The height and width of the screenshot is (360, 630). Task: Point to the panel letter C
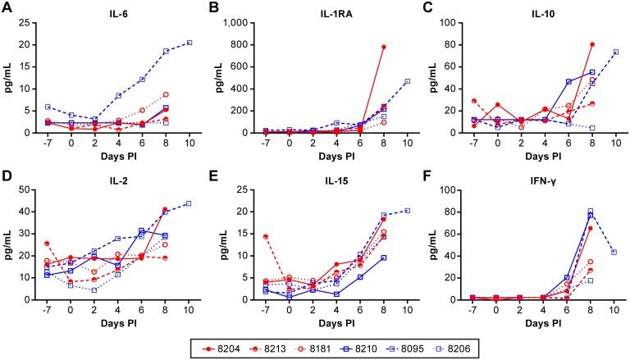coord(429,7)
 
